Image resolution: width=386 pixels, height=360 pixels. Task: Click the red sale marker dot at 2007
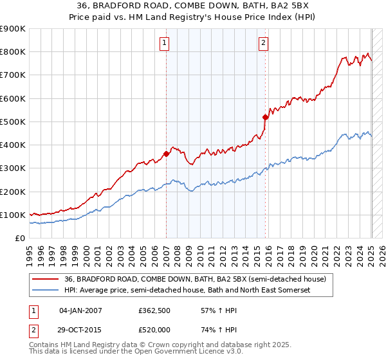[x=166, y=154]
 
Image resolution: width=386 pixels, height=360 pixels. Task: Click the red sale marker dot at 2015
[x=265, y=117]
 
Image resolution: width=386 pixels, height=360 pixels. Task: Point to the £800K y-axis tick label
[x=13, y=52]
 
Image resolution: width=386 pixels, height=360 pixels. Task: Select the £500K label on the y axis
[x=13, y=122]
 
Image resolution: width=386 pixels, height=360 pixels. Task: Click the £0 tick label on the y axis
[x=19, y=238]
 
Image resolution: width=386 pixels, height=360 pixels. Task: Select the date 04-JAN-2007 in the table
[x=80, y=310]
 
